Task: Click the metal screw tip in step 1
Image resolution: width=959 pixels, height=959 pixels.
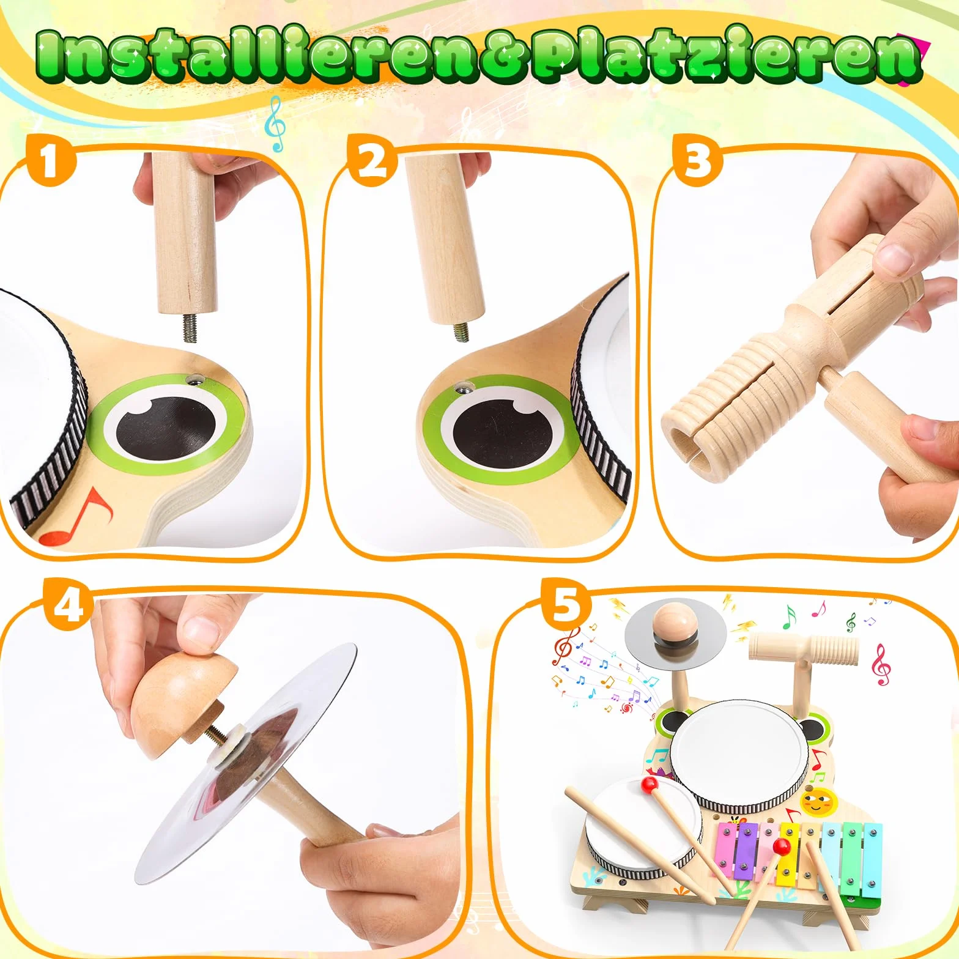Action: (x=188, y=328)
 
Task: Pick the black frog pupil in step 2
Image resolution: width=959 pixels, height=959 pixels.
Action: (x=502, y=431)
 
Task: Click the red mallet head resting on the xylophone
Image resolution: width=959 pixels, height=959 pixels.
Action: (x=781, y=846)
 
